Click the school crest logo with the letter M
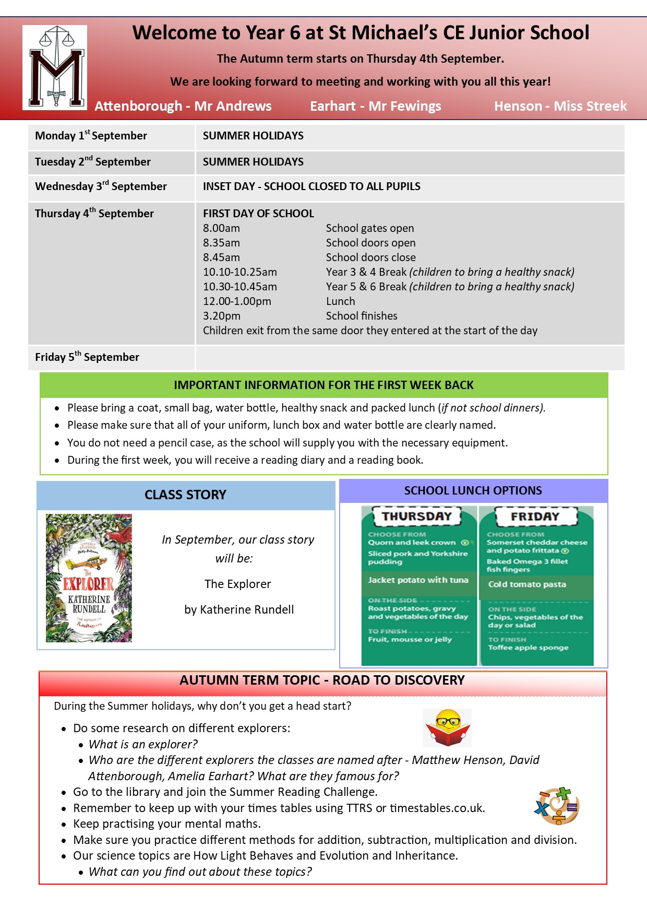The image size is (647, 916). click(55, 67)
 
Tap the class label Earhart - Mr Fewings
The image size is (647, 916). click(375, 106)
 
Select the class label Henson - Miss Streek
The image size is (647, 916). click(560, 106)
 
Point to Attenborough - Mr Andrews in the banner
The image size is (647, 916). click(183, 106)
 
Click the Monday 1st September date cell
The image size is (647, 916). click(91, 136)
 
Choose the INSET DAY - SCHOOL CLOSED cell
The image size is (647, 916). click(311, 186)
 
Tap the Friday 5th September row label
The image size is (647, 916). click(87, 357)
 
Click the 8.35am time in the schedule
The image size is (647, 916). click(221, 243)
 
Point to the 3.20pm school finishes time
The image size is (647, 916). click(221, 316)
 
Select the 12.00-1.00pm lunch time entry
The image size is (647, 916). click(237, 301)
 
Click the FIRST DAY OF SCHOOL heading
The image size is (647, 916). click(258, 214)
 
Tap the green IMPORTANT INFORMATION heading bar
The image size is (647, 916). click(323, 385)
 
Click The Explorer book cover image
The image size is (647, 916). click(89, 578)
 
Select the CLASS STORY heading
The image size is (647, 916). click(185, 495)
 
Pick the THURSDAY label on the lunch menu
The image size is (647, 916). click(416, 516)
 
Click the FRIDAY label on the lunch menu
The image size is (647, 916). click(535, 516)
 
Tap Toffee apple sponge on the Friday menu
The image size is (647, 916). click(528, 648)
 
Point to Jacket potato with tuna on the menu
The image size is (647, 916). click(418, 580)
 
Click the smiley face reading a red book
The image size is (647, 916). click(447, 727)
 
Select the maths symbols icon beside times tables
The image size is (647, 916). click(557, 806)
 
